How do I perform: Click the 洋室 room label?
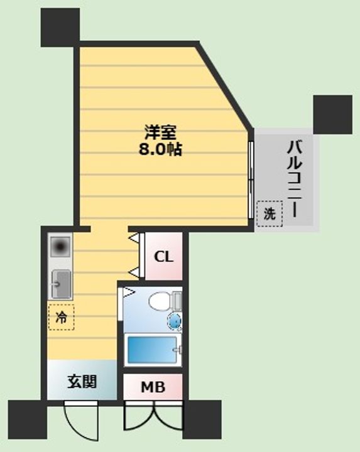tap(162, 133)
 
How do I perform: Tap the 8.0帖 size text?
tap(162, 150)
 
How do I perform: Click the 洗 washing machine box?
tap(268, 213)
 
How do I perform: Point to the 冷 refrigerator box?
tap(62, 316)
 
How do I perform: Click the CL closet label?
tap(164, 257)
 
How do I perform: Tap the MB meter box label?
tap(152, 388)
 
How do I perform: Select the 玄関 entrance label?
tap(82, 381)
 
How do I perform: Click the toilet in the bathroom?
tap(163, 301)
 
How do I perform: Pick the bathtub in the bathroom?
tap(152, 350)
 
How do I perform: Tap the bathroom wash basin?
tap(175, 321)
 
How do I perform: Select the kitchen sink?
tap(61, 284)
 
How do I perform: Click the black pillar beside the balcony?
tap(332, 113)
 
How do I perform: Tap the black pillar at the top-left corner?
tap(61, 26)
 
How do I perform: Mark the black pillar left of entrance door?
tap(28, 418)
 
